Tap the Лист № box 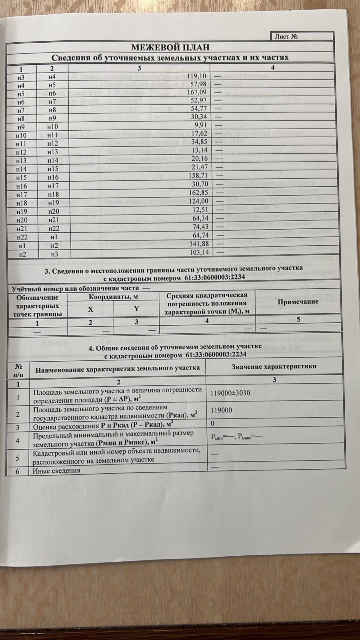click(286, 36)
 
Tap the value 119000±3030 click(230, 393)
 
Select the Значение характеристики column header click(274, 366)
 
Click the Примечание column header click(298, 302)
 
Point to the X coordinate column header click(90, 309)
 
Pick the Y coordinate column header click(136, 308)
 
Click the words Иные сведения click(56, 470)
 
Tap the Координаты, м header click(113, 297)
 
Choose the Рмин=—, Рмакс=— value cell click(236, 437)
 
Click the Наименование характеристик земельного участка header click(118, 368)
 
